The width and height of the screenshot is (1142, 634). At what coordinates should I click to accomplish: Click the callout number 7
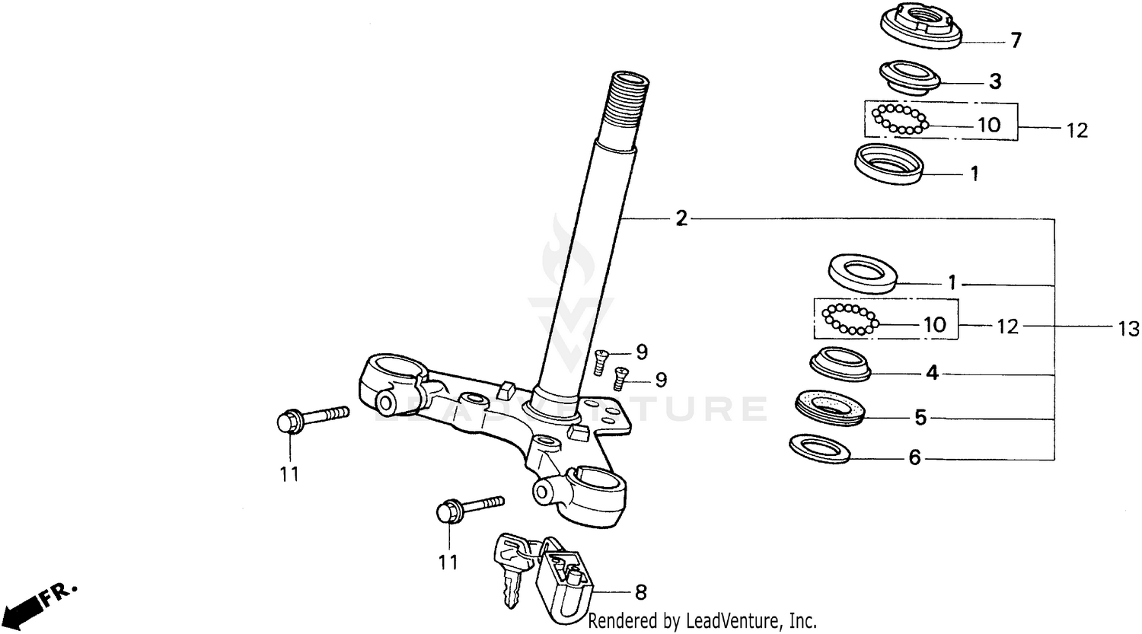coord(1016,40)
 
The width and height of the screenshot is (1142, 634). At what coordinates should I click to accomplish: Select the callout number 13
coord(1129,329)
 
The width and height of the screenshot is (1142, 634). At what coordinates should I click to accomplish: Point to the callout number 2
coord(681,219)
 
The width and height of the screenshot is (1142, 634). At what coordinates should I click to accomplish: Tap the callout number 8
coord(641,591)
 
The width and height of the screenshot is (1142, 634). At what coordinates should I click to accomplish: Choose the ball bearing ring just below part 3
coord(900,119)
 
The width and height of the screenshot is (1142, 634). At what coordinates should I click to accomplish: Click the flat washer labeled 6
coord(821,448)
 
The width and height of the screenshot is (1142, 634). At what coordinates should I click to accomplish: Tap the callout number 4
coord(932,374)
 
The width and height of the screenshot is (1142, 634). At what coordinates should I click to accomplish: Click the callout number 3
coord(995,81)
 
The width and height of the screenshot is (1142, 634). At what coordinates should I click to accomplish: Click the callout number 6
coord(914,457)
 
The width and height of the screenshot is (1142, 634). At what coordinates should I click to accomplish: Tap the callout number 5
coord(920,417)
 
